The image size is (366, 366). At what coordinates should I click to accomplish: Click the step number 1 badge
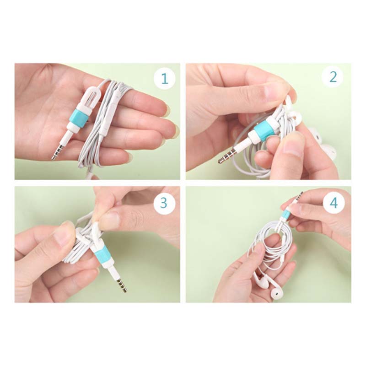[x=165, y=78]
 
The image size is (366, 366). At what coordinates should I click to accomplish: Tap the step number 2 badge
[x=333, y=77]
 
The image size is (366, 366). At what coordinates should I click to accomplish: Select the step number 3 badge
[x=164, y=203]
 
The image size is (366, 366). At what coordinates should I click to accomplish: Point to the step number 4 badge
[x=334, y=203]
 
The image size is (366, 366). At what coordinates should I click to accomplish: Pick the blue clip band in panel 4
[x=285, y=213]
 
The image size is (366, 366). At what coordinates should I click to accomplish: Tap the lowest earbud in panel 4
[x=278, y=292]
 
